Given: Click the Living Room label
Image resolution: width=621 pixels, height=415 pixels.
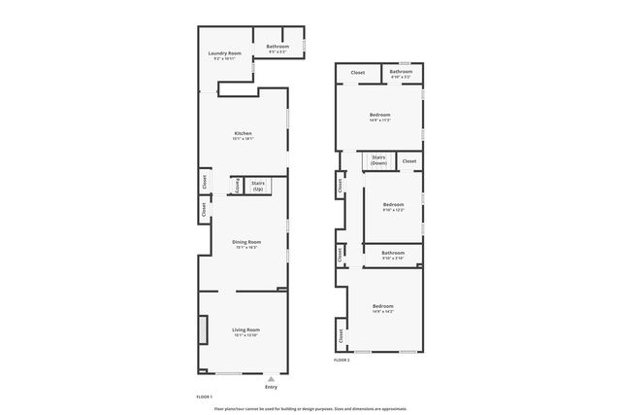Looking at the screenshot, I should pyautogui.click(x=245, y=331).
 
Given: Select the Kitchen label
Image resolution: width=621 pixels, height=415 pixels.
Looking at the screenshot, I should pyautogui.click(x=243, y=135).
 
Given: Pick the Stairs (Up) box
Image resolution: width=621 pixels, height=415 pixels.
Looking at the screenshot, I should pyautogui.click(x=258, y=185).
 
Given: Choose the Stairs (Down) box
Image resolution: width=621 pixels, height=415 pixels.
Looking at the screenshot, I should pyautogui.click(x=378, y=161).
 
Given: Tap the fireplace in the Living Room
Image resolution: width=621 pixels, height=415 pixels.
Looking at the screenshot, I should pyautogui.click(x=203, y=330).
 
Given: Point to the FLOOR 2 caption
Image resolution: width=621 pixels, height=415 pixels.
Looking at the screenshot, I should pyautogui.click(x=342, y=360).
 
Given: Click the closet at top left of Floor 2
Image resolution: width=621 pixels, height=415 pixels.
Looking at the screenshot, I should pyautogui.click(x=357, y=73).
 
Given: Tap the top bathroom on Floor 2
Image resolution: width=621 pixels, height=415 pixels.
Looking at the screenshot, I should pyautogui.click(x=401, y=73).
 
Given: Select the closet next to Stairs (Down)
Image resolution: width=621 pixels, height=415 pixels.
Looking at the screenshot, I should pyautogui.click(x=409, y=161).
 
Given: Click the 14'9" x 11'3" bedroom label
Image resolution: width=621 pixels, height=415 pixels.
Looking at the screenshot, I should pyautogui.click(x=379, y=118).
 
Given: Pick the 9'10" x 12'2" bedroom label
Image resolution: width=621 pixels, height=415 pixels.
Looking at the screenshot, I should pyautogui.click(x=393, y=206).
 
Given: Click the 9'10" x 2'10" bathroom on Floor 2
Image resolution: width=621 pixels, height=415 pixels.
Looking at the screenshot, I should pyautogui.click(x=393, y=256).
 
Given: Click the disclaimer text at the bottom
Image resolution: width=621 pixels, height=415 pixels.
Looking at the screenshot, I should pyautogui.click(x=310, y=409).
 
